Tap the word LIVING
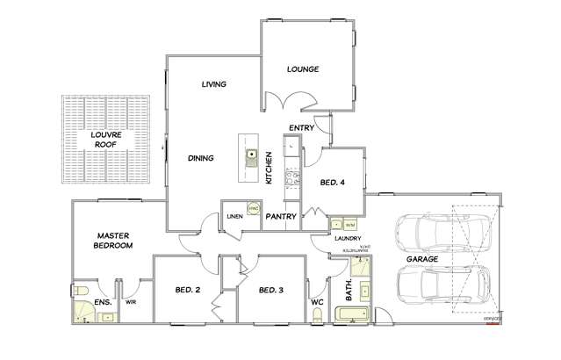point(214,84)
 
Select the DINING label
point(202,158)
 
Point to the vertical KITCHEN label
point(269,168)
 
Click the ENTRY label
point(302,128)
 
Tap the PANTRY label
point(280,215)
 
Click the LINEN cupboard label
point(234,215)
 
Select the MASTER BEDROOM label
point(114,241)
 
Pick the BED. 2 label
point(189,290)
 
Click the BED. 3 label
point(271,290)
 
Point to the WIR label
point(132,303)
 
